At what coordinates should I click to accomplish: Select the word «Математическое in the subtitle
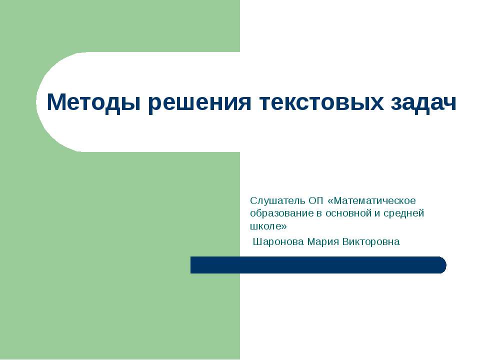[372, 200]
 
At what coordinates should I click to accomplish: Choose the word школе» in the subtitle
[268, 226]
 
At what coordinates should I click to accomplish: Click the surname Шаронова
[278, 242]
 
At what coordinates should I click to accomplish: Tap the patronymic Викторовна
[371, 242]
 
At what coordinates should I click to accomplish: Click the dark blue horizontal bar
[315, 265]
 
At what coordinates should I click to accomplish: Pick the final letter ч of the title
[450, 103]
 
